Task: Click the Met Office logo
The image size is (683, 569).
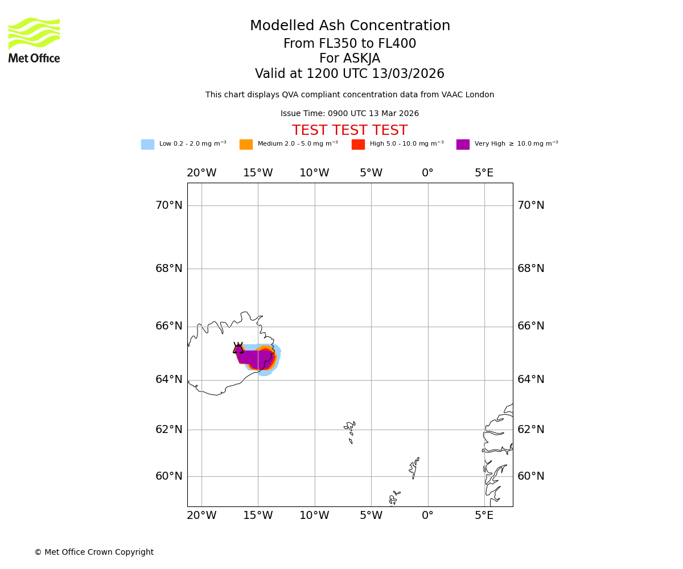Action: pyautogui.click(x=34, y=40)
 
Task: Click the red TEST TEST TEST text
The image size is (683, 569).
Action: pyautogui.click(x=349, y=131)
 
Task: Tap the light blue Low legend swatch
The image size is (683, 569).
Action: pyautogui.click(x=147, y=145)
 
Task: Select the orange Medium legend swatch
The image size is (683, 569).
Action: pyautogui.click(x=246, y=145)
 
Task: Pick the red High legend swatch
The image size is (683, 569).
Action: pyautogui.click(x=358, y=145)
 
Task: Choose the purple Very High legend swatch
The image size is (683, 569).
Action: pyautogui.click(x=463, y=145)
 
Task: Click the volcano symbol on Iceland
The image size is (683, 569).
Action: pyautogui.click(x=238, y=348)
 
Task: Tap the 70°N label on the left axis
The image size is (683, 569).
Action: pyautogui.click(x=169, y=205)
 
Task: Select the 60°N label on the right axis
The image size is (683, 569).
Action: pyautogui.click(x=530, y=476)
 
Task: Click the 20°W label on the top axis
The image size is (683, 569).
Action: pyautogui.click(x=201, y=173)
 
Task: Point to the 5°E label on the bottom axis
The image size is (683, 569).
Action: pyautogui.click(x=484, y=516)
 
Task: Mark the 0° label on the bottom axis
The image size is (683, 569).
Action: pyautogui.click(x=427, y=516)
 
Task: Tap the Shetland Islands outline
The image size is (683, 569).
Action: pyautogui.click(x=414, y=468)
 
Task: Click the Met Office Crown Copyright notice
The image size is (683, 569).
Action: pyautogui.click(x=94, y=552)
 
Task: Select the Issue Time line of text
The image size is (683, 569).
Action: pyautogui.click(x=349, y=114)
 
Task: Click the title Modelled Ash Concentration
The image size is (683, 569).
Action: pyautogui.click(x=350, y=26)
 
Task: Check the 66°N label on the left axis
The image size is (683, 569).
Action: pyautogui.click(x=169, y=326)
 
